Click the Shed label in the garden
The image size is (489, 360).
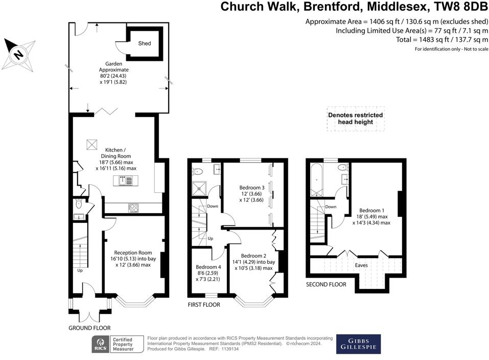[x=145, y=43]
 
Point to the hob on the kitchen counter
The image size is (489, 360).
[x=133, y=207]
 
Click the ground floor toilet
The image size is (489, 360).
[x=78, y=204]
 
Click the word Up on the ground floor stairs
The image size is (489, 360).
[x=80, y=271]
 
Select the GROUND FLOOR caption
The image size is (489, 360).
[x=89, y=328]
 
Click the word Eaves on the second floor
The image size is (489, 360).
[x=361, y=265]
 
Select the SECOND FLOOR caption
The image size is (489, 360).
[x=326, y=284]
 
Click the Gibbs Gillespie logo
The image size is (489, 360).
[x=358, y=344]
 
